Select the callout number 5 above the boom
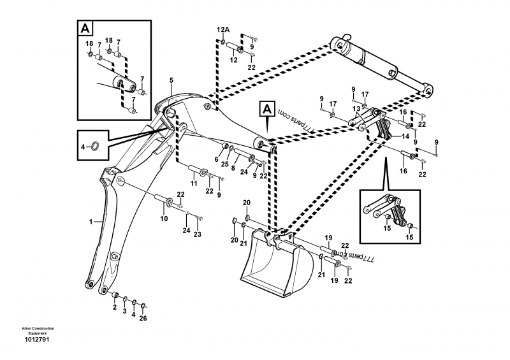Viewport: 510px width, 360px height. pos(171,80)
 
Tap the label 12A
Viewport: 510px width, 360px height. pos(222,30)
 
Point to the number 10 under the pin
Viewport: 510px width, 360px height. pos(164,219)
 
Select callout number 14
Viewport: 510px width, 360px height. pos(405,136)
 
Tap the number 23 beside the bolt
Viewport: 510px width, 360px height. pos(197,234)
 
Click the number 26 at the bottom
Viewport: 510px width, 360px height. pos(143,319)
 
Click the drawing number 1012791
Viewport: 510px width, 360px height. pos(36,340)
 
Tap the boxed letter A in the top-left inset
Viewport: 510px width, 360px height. pos(84,28)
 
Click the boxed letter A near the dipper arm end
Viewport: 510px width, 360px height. pos(266,109)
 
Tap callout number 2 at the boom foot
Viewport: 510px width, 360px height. pos(115,307)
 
